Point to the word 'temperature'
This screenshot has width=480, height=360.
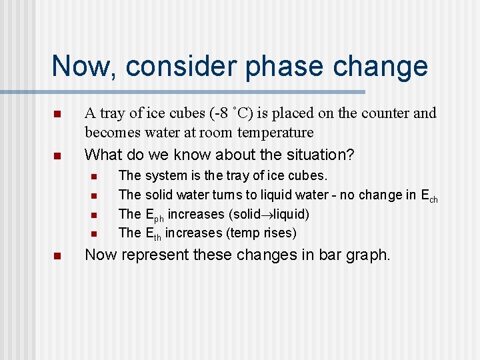coord(276,133)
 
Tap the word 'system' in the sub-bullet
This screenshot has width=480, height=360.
coord(167,176)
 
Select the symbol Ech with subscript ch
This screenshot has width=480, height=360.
coord(429,196)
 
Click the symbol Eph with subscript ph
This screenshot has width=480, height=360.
coord(155,215)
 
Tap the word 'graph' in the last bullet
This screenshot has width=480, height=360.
coord(367,255)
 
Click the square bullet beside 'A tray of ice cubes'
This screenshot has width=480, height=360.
coord(58,114)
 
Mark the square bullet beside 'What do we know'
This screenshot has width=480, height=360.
coord(58,155)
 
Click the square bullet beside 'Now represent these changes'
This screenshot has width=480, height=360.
coord(58,255)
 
